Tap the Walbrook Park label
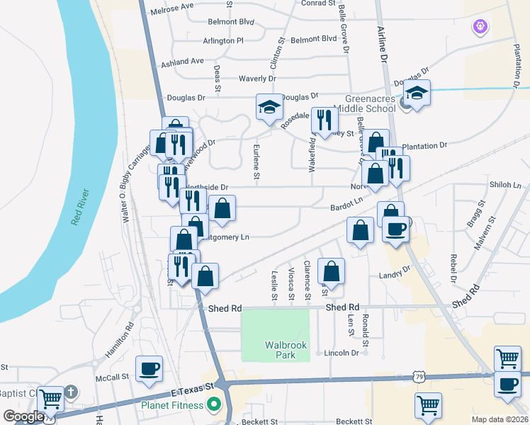point(281,350)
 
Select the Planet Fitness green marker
point(212,406)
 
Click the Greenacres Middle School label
point(370,104)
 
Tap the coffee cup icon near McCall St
point(149,368)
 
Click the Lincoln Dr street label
point(342,353)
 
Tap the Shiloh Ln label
point(504,185)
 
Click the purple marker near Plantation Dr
point(480,27)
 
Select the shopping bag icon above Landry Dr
point(331,271)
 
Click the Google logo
point(23,417)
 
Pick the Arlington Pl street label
point(222,41)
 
